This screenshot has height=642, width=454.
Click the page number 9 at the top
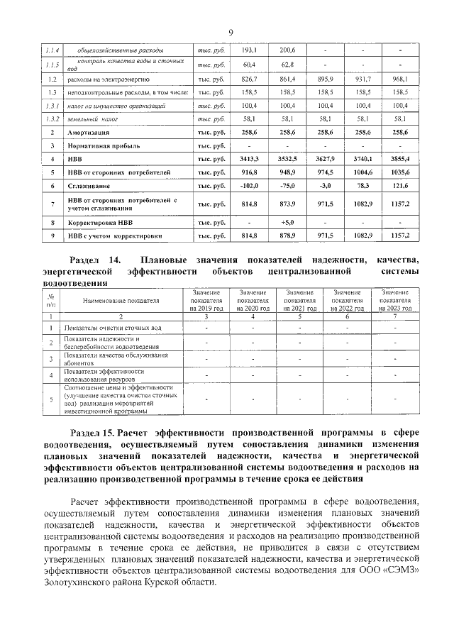coord(231,32)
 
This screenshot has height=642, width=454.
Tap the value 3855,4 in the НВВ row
coord(399,160)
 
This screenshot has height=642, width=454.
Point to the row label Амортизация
coord(89,133)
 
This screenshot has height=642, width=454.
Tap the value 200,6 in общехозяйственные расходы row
coord(287,50)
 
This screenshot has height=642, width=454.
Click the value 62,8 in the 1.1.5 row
coord(287,65)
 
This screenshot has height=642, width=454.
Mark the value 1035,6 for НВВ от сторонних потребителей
coord(399,172)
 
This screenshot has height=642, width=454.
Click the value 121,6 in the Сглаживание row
coord(399,186)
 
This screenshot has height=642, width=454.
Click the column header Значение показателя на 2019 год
coord(206,300)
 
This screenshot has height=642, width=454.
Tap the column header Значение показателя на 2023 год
coord(396,300)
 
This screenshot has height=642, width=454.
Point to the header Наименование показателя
coord(121,300)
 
